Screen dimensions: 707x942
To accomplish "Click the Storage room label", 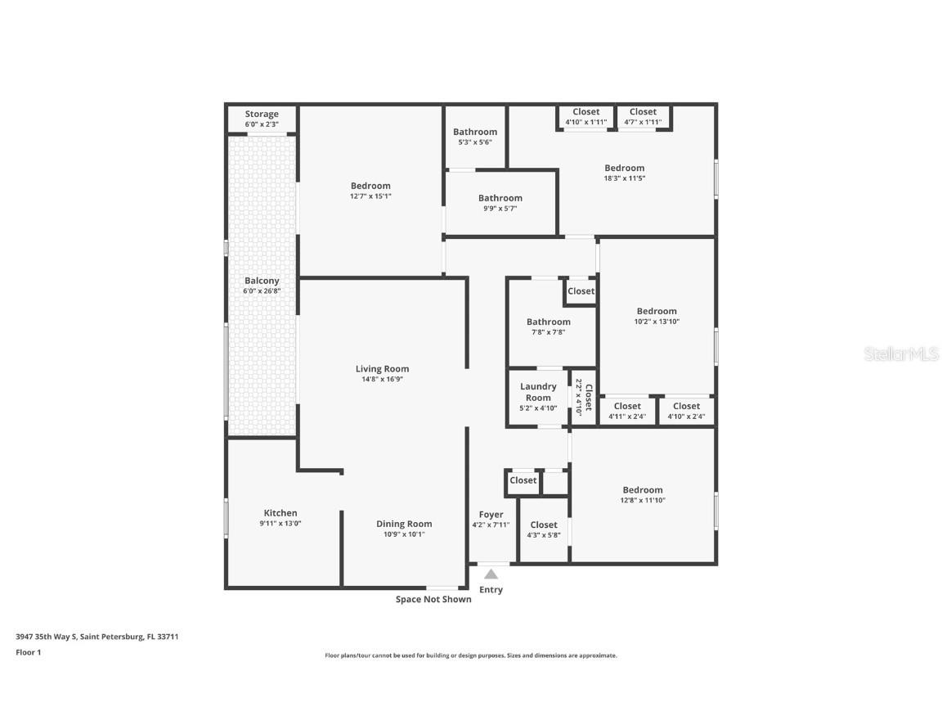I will (x=262, y=115).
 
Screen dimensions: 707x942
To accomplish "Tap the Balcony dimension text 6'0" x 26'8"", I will (x=262, y=290).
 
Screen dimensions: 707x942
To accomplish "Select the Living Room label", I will (x=382, y=369).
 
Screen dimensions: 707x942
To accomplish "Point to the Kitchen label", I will (x=280, y=513).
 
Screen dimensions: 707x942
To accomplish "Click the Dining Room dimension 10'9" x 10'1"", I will (x=404, y=534).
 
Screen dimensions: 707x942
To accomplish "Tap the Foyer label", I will (x=491, y=515).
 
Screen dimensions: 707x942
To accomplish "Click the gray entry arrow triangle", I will (x=491, y=574).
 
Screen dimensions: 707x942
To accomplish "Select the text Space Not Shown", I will (x=433, y=599).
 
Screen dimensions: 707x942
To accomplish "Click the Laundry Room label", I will (x=538, y=392).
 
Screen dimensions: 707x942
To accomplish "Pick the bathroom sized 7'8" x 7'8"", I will (x=548, y=326).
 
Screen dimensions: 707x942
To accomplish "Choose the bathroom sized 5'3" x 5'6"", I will (x=475, y=136).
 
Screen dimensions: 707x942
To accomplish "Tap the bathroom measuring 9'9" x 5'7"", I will (x=500, y=202).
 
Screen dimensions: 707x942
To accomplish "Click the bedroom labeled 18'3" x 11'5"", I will (x=624, y=173).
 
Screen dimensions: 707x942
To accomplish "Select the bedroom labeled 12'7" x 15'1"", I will (x=370, y=191).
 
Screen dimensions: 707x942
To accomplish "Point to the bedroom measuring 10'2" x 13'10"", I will (x=657, y=316).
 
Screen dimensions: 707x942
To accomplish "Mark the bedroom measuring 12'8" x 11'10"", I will (x=643, y=494).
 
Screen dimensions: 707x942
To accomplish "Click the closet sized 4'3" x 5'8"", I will (x=544, y=529).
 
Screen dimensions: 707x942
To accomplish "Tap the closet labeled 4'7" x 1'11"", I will (x=643, y=116).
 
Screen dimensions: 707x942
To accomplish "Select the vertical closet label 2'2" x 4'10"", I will (x=583, y=396).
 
